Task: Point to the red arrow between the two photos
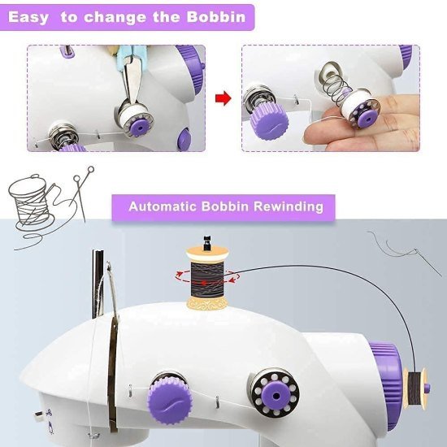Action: [x=221, y=100]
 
